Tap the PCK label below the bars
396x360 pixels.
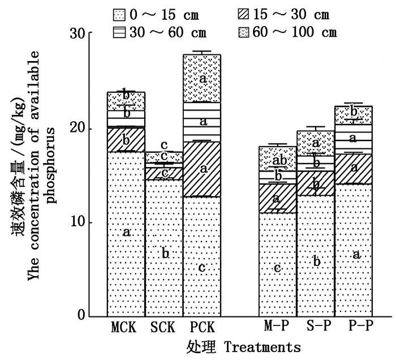pos(201,328)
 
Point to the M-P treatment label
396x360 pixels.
pos(278,328)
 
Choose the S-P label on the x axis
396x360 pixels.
pos(316,328)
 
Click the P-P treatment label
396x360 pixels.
pos(354,328)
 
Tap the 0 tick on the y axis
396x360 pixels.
pos(82,315)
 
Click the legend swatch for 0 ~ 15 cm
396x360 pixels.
pos(120,14)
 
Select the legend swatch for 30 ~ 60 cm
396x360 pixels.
pos(120,32)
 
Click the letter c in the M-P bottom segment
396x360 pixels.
pos(277,268)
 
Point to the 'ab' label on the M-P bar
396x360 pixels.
pos(277,160)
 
